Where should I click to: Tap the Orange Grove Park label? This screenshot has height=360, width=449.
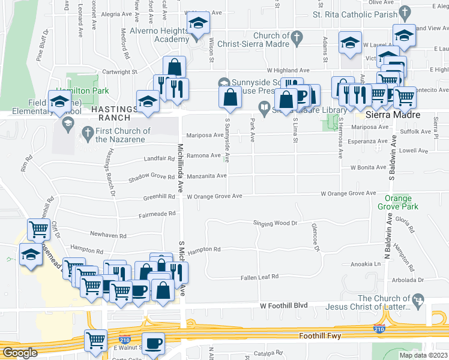point(394,202)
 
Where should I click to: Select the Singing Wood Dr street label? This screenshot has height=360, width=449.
point(275,223)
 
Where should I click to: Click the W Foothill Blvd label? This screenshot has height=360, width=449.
point(283,306)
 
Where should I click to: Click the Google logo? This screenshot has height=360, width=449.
point(20,353)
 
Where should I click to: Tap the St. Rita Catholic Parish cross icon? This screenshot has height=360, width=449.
point(405,12)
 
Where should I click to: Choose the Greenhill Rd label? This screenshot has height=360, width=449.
point(158,197)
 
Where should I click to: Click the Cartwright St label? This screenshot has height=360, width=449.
point(137,72)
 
